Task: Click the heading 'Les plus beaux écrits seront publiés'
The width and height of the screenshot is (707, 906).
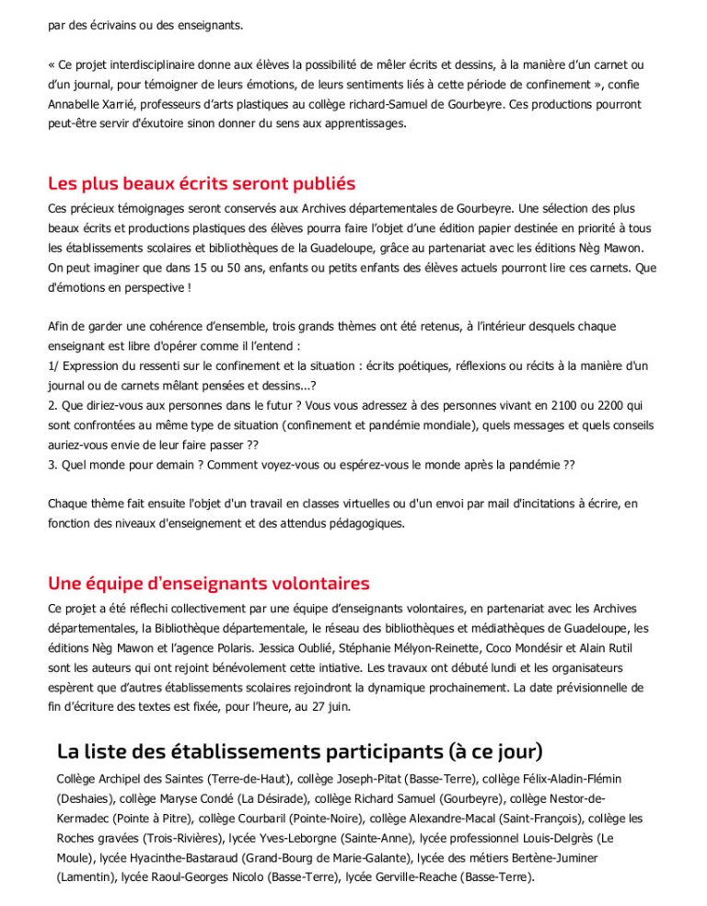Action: coord(202,182)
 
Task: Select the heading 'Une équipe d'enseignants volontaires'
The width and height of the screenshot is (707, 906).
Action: coord(209,583)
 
